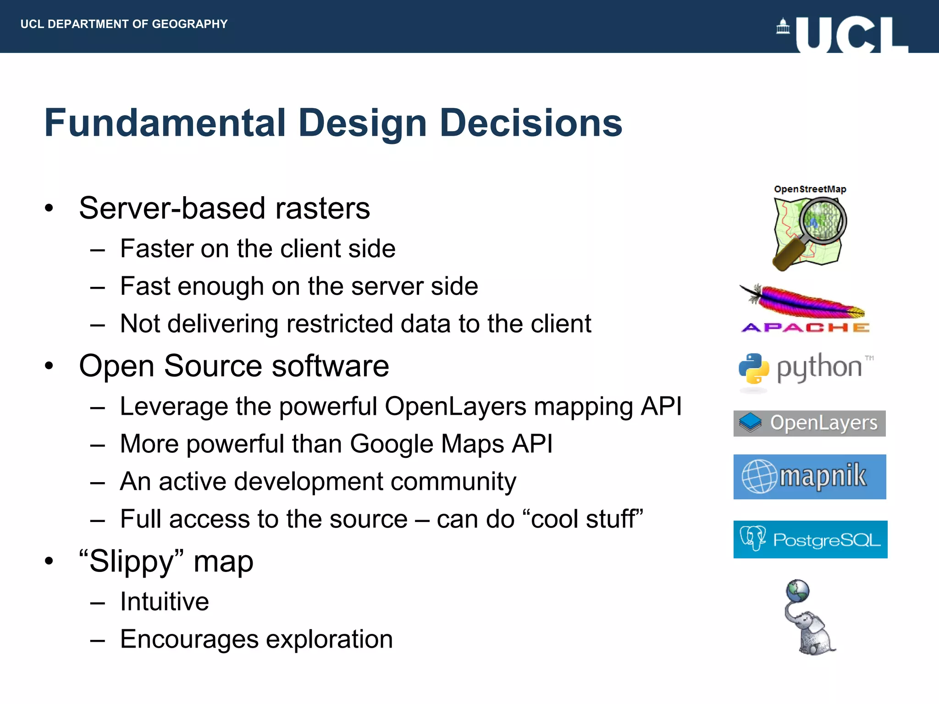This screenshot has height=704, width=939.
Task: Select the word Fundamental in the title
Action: point(165,123)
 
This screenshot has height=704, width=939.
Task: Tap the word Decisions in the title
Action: point(530,123)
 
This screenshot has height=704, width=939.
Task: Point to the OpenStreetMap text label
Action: point(810,189)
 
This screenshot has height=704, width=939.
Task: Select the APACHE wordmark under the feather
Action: point(805,328)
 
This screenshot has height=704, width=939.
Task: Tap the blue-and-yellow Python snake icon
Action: point(753,368)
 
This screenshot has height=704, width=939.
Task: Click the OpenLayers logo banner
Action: point(809,423)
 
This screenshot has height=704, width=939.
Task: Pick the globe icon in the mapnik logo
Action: point(759,476)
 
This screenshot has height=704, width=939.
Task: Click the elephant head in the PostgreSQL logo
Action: point(752,538)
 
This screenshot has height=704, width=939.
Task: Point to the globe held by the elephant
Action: point(798,591)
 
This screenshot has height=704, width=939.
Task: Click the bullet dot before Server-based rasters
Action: point(49,209)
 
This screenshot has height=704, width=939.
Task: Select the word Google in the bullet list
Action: point(391,444)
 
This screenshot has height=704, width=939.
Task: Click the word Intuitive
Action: point(164,601)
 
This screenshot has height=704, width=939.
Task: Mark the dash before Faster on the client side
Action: point(98,250)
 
